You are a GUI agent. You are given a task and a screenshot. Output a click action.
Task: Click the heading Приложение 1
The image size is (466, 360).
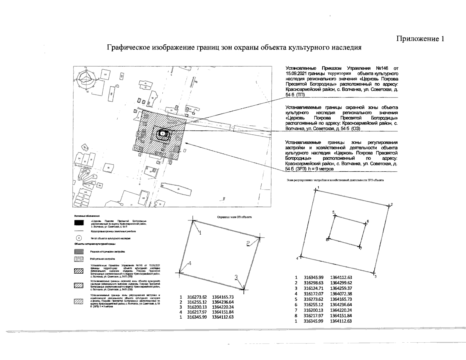(420, 39)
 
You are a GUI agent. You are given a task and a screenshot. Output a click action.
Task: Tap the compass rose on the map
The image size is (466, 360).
(86, 79)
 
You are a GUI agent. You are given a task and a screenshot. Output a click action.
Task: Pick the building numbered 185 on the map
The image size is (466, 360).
(143, 198)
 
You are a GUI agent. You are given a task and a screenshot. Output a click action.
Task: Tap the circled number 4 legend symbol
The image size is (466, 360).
(79, 238)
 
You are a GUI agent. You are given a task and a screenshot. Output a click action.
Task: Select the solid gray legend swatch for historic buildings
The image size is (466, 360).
(79, 252)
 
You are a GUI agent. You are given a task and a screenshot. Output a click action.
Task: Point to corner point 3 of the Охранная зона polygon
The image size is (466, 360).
(244, 289)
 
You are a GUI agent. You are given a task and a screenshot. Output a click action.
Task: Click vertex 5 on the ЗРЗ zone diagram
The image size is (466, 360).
(335, 215)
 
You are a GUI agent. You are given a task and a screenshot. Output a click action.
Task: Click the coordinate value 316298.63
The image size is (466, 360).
(314, 283)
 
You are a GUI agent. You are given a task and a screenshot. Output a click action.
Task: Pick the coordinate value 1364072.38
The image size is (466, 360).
(341, 294)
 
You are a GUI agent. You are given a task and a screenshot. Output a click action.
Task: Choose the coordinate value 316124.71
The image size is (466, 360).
(314, 288)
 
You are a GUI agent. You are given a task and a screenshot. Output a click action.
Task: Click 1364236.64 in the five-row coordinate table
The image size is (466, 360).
(223, 302)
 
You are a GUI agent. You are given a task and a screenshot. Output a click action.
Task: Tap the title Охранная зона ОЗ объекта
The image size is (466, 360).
(234, 217)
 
